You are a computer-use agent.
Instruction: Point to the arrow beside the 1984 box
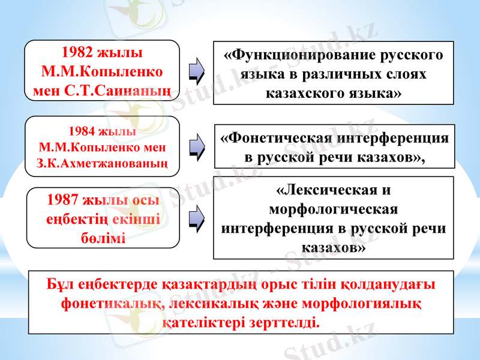click(x=196, y=146)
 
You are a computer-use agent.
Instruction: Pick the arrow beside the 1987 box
click(x=196, y=218)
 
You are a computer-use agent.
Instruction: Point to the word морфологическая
click(x=334, y=209)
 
